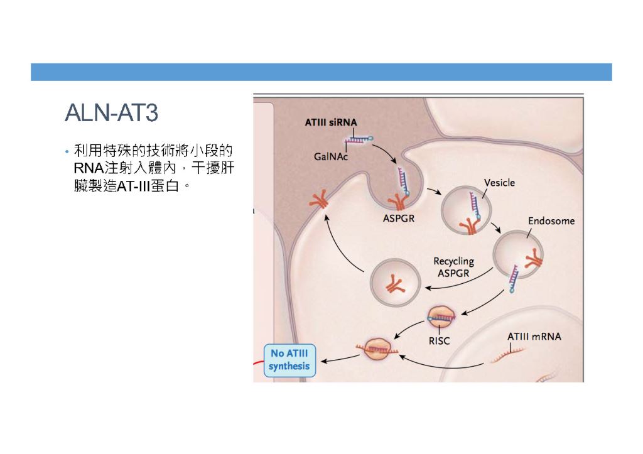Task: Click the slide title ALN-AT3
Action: [x=111, y=112]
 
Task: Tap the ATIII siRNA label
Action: [x=331, y=122]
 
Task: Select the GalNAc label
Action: [x=330, y=156]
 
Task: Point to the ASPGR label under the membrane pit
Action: [x=399, y=218]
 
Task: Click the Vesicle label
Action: [x=499, y=183]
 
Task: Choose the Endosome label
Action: [x=551, y=221]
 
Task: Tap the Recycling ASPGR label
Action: [x=453, y=267]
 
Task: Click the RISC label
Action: [x=439, y=341]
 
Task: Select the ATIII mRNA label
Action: [x=534, y=337]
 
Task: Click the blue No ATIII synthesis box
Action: [x=289, y=360]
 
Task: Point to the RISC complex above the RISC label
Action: [x=441, y=317]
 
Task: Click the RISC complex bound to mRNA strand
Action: [x=377, y=349]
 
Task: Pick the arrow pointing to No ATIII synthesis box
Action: [x=340, y=360]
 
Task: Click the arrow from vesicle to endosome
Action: [x=496, y=227]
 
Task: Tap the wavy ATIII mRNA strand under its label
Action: [x=507, y=355]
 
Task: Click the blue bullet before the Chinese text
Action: [x=67, y=153]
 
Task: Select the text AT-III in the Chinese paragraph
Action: [x=133, y=186]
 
